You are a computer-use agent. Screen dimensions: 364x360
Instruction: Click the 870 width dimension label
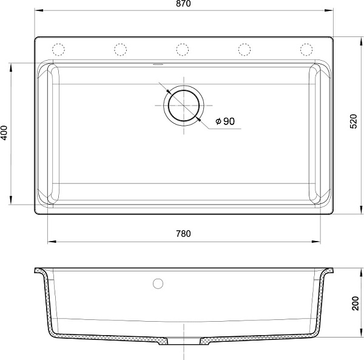(x=183, y=4)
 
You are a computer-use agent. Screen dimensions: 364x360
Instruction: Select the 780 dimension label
(x=183, y=234)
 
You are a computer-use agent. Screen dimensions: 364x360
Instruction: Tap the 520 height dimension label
(x=353, y=121)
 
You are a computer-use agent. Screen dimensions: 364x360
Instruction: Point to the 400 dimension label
(x=4, y=133)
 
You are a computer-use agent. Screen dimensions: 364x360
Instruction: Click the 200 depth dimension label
(x=356, y=303)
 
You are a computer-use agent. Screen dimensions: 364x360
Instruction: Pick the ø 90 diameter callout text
(x=225, y=121)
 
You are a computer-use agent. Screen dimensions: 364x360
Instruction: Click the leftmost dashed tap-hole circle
(x=58, y=49)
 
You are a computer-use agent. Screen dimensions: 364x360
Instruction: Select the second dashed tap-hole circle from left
(x=121, y=49)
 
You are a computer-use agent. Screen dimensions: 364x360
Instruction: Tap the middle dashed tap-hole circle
(x=183, y=49)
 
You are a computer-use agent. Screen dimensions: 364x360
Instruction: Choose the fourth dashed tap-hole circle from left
(x=244, y=49)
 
